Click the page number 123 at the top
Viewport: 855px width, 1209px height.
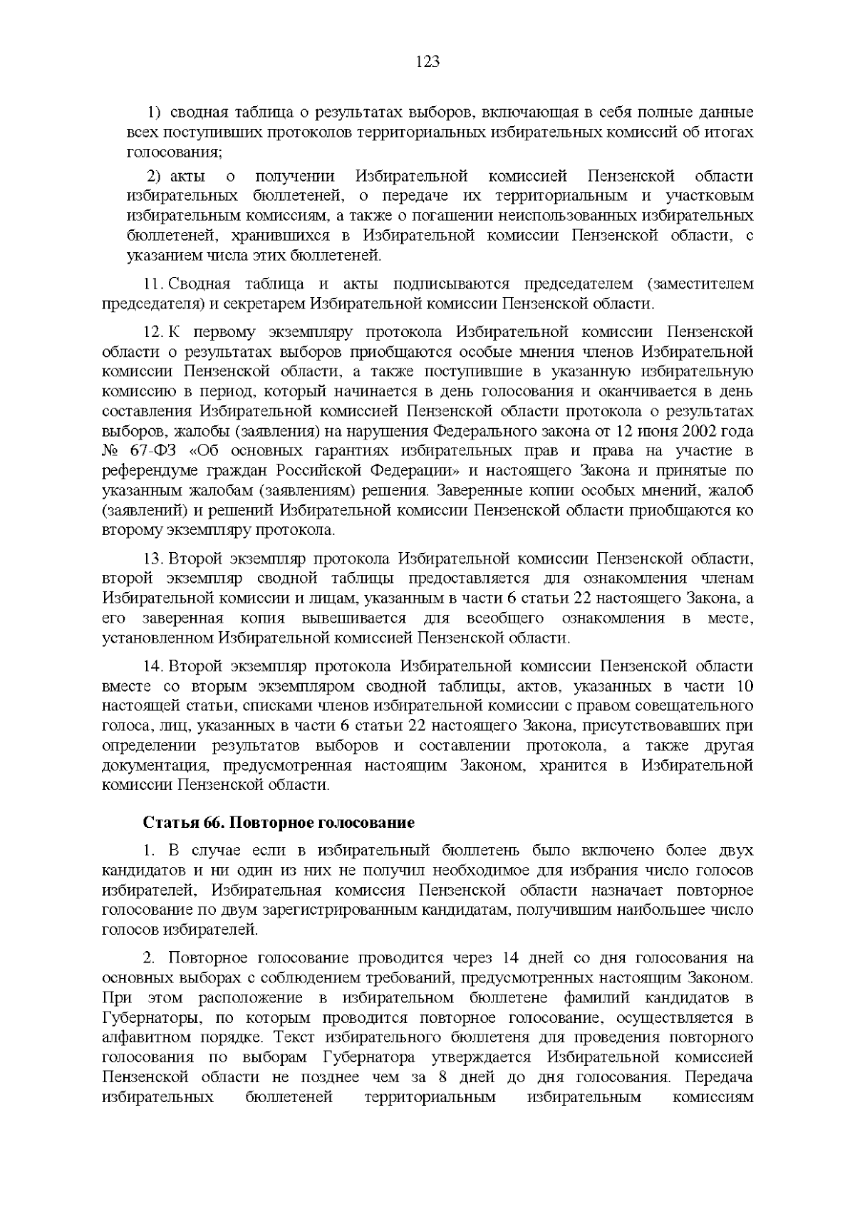(427, 62)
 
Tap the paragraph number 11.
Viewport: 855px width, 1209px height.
(154, 284)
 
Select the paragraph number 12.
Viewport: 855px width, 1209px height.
(154, 332)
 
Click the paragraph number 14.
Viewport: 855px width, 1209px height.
(154, 666)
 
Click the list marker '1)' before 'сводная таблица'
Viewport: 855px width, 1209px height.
(155, 113)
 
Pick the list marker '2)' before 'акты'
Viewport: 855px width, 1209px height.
(155, 176)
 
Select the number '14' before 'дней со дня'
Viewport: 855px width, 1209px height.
(512, 957)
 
